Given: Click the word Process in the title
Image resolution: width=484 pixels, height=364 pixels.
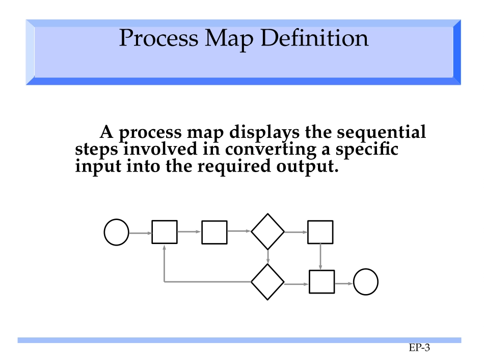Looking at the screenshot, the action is click(x=158, y=38).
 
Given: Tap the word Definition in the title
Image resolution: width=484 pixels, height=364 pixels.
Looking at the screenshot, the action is click(x=314, y=38).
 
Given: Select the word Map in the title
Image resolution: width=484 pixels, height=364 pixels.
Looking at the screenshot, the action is click(x=229, y=40).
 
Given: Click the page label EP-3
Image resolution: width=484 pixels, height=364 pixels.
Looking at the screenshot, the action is click(x=419, y=348).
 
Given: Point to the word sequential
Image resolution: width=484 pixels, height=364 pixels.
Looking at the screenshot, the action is click(x=381, y=132).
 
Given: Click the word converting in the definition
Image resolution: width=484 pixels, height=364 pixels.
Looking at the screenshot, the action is click(x=271, y=150).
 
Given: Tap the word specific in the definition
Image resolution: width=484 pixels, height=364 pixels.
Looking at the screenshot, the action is click(x=367, y=150).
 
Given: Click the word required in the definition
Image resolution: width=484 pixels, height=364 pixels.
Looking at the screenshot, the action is click(x=233, y=166).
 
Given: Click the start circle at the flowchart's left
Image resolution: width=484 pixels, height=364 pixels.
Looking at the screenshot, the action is click(x=116, y=232).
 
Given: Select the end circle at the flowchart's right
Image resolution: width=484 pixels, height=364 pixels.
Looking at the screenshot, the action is click(x=366, y=282).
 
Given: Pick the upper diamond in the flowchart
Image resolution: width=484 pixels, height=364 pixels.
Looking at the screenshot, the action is click(x=267, y=231).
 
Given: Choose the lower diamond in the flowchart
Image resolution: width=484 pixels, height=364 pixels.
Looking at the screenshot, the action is click(x=267, y=282).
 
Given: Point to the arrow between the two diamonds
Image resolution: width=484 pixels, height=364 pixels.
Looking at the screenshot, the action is click(x=267, y=257).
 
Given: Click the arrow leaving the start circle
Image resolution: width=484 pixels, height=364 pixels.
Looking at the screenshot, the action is click(x=141, y=233).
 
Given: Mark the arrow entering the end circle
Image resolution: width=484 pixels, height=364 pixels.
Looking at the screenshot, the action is click(x=344, y=283).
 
